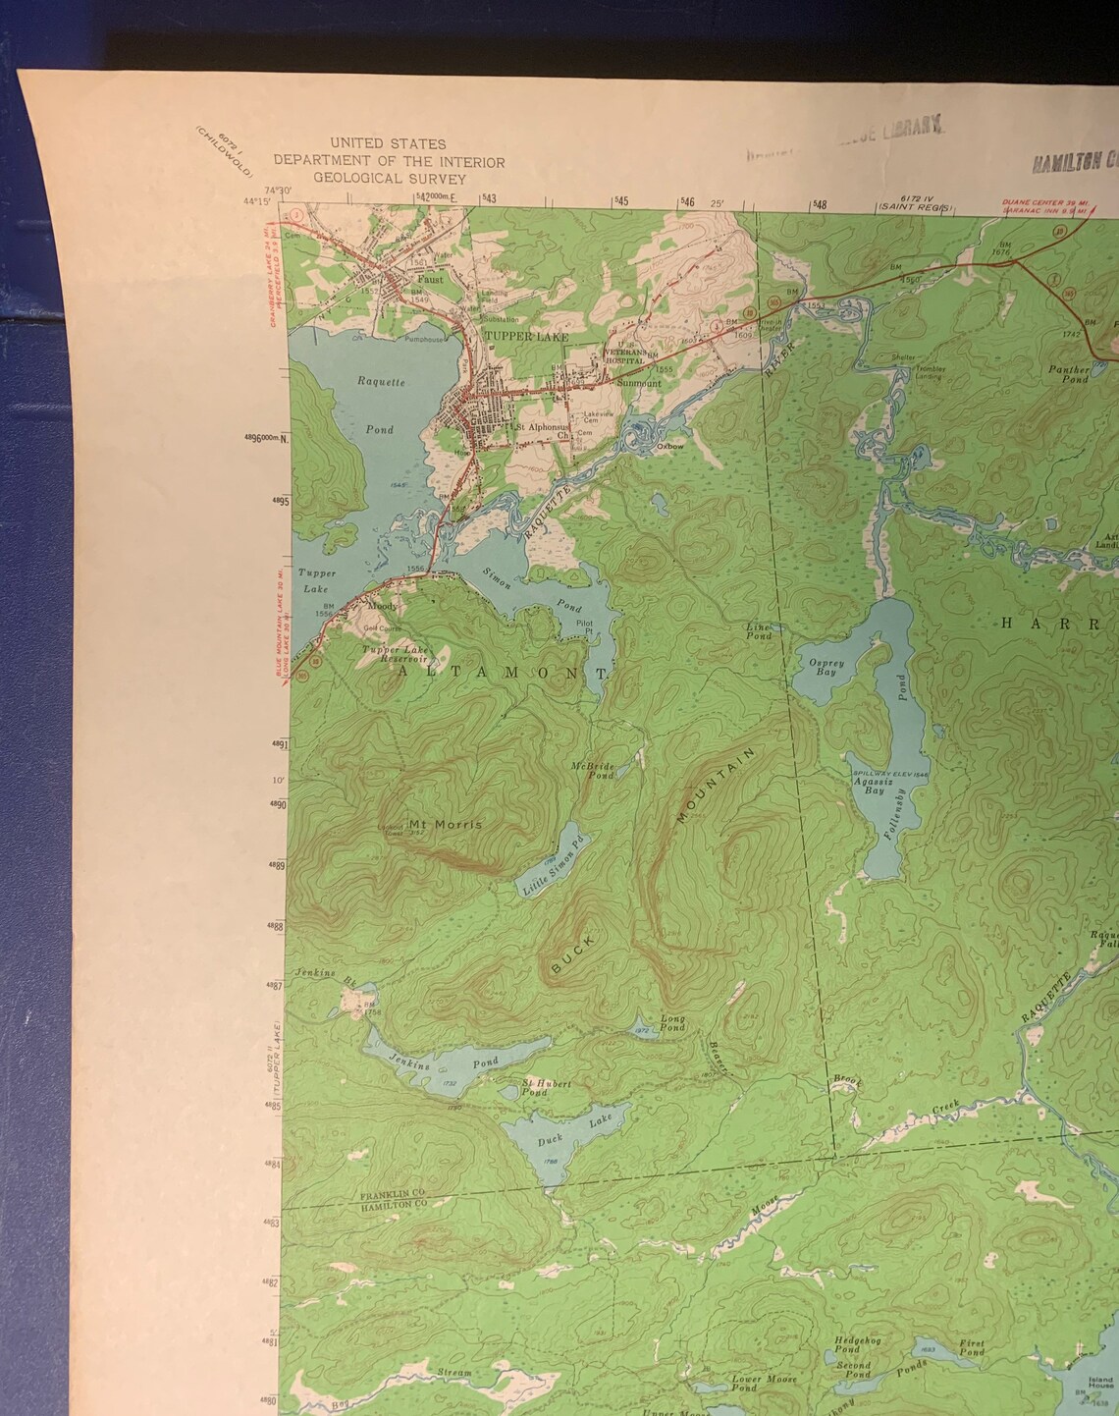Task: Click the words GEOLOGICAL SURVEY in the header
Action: click(x=390, y=179)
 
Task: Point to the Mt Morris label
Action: click(x=446, y=824)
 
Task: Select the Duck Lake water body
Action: click(x=555, y=1139)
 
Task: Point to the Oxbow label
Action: click(x=669, y=444)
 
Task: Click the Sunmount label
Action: click(x=639, y=384)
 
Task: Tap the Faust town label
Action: click(x=430, y=279)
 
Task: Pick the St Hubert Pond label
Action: click(x=547, y=1087)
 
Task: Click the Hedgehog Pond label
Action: click(x=853, y=1342)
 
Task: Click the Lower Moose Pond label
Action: click(x=759, y=1384)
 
